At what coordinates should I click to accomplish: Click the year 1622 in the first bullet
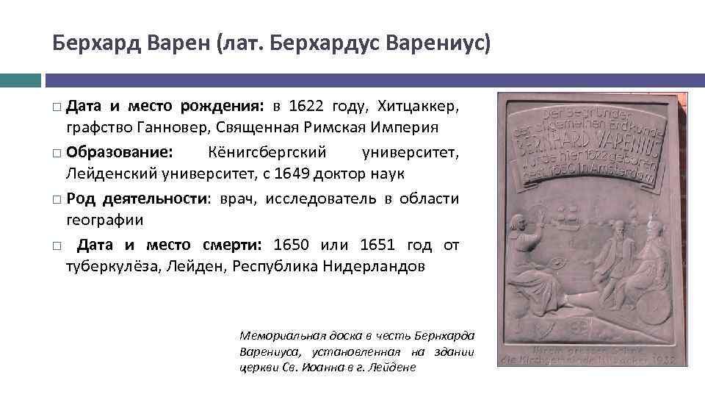(305, 107)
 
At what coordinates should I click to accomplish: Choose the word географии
(105, 219)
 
